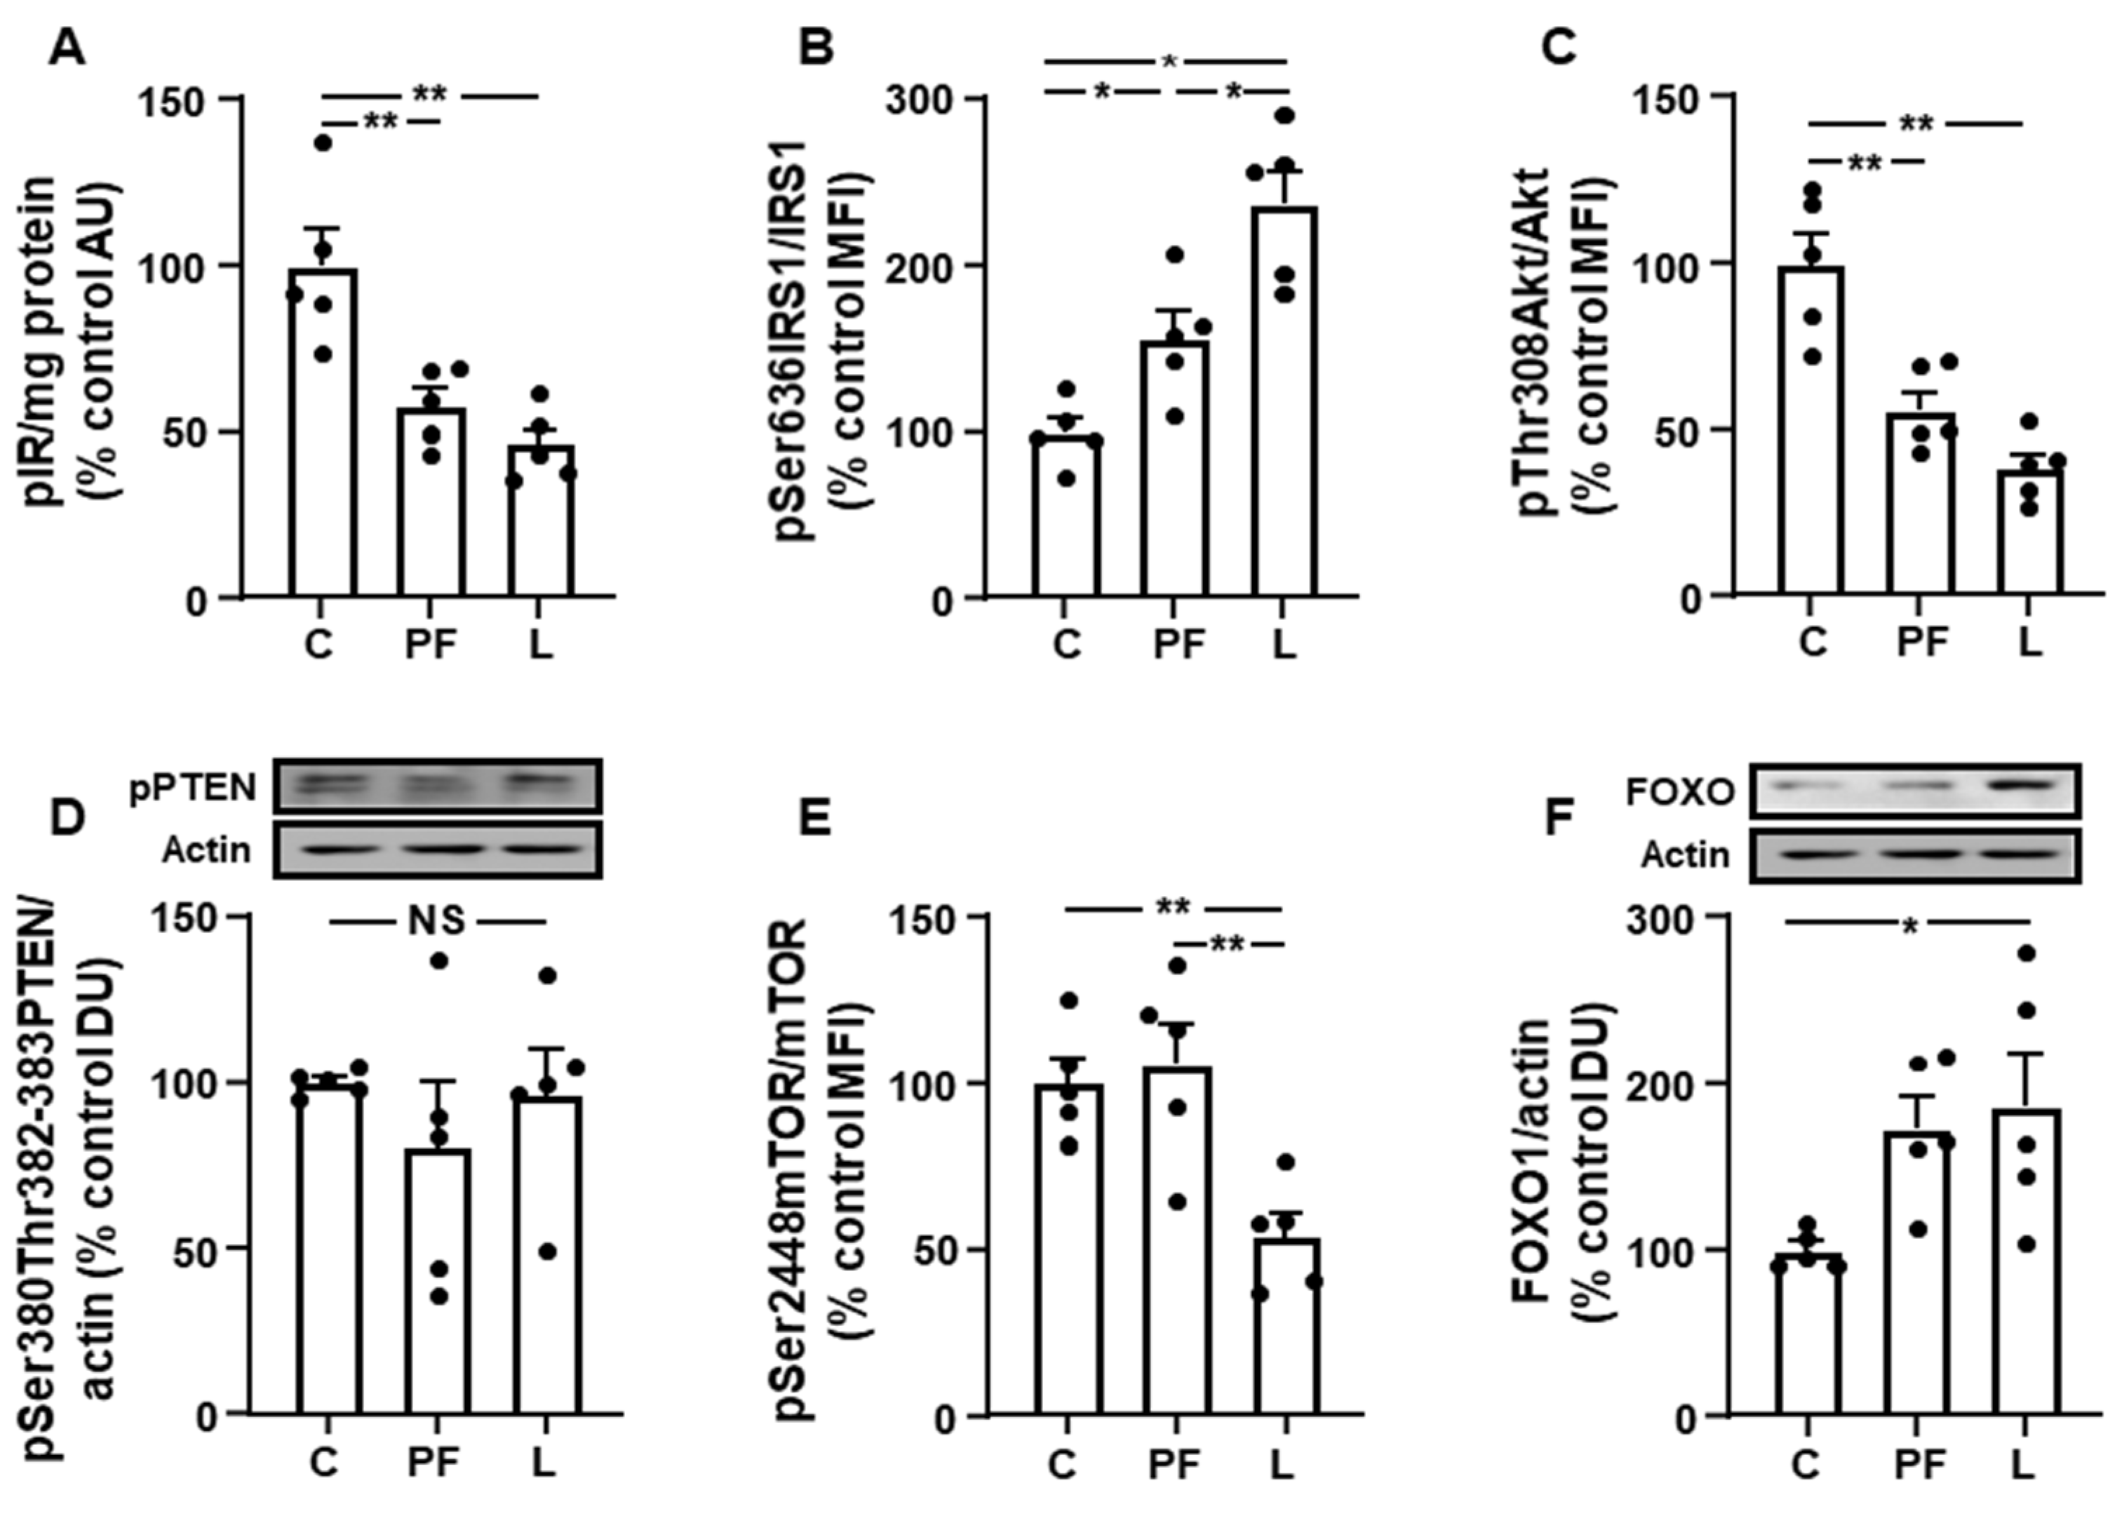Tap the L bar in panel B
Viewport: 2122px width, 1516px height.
point(1286,401)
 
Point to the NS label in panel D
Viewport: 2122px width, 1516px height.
point(437,921)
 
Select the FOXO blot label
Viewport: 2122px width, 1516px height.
point(1679,793)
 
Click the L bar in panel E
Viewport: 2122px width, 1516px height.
point(1286,1326)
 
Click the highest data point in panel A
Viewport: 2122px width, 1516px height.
point(323,143)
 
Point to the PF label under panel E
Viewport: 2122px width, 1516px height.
point(1174,1466)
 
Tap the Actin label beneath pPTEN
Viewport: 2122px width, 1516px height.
point(206,850)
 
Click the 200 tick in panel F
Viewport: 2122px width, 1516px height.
point(1677,1084)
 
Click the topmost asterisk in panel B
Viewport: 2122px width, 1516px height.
point(1169,62)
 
